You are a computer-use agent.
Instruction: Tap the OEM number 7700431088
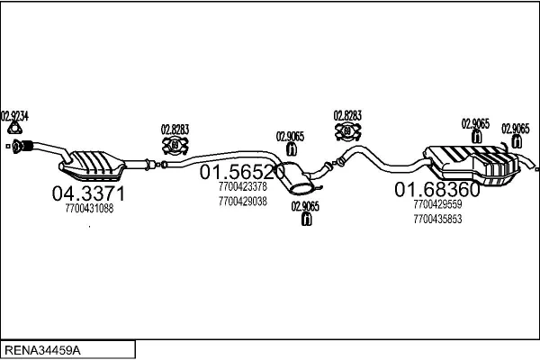coord(89,209)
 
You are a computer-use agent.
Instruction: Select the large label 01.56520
coord(242,171)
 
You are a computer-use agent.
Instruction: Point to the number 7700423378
coord(242,186)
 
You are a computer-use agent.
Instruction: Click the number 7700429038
coord(242,202)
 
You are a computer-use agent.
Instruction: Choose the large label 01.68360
coord(437,190)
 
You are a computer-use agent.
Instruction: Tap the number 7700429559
coord(437,204)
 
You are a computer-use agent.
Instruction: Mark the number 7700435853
coord(437,220)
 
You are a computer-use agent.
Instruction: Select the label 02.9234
coord(14,115)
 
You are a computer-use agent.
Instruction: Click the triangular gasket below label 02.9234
coord(13,130)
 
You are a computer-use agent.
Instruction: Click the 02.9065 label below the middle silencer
coord(305,206)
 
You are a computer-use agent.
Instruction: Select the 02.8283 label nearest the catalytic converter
coord(175,129)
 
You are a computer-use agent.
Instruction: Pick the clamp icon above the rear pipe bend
coord(347,133)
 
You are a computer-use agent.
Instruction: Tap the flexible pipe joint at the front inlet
coord(26,146)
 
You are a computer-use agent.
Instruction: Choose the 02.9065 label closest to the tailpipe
coord(516,128)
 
